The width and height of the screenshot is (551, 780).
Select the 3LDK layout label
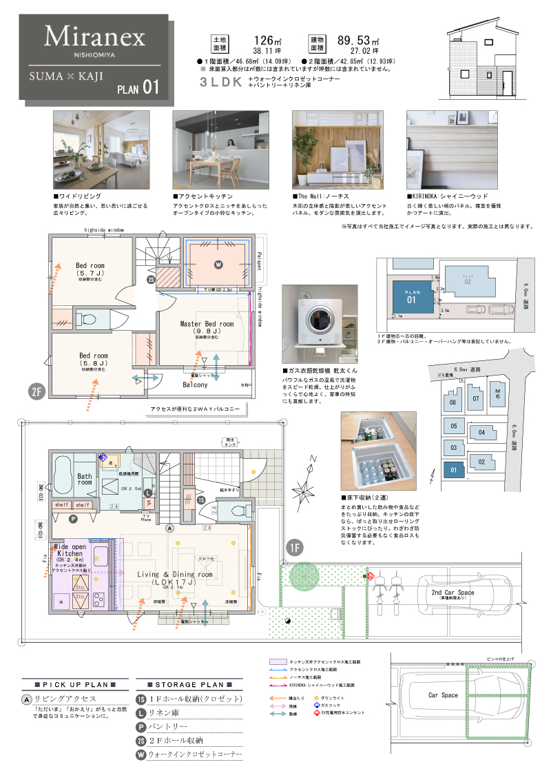tap(220, 81)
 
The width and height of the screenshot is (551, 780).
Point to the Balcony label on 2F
tap(195, 384)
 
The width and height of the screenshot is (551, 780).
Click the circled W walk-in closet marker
tap(218, 264)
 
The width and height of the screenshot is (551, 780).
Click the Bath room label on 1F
tap(85, 479)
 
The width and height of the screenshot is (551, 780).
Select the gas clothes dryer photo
tap(318, 322)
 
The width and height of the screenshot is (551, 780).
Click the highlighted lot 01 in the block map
tap(453, 471)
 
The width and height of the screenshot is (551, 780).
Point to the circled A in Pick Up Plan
tap(26, 699)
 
